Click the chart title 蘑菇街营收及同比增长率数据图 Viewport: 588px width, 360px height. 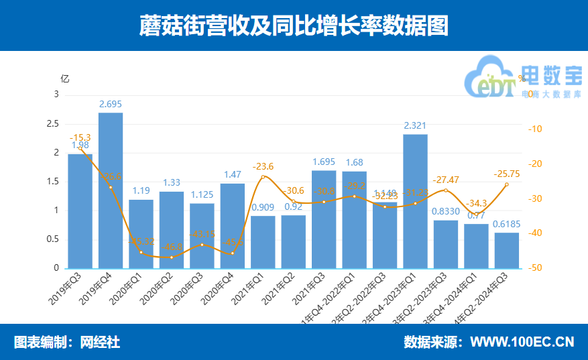(x=294, y=26)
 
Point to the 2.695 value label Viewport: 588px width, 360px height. (x=111, y=104)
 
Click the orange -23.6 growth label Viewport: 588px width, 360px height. (x=263, y=166)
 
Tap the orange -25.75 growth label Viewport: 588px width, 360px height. (x=506, y=172)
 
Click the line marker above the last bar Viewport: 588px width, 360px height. (x=506, y=184)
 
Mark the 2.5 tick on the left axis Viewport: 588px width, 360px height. (x=53, y=124)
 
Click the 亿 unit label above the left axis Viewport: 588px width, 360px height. (x=64, y=78)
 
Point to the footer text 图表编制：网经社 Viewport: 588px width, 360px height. (x=67, y=342)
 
